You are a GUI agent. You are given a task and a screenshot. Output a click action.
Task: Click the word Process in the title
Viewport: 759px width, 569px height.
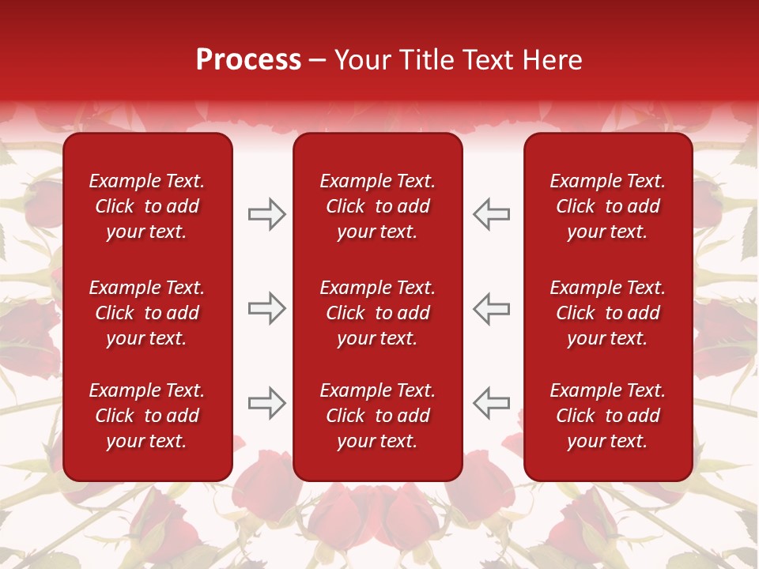[248, 60]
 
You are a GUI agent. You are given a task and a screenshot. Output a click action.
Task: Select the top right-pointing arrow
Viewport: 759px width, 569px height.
[266, 214]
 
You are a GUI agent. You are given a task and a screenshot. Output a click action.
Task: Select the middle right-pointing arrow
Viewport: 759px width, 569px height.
[266, 308]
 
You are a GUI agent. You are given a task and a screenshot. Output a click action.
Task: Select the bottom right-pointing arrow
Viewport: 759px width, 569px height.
[266, 402]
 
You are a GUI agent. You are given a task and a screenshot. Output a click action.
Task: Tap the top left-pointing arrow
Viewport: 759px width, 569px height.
[492, 214]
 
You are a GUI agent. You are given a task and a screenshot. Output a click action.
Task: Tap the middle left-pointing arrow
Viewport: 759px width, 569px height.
[492, 308]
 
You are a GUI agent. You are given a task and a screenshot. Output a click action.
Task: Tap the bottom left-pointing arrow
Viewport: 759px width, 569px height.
[492, 402]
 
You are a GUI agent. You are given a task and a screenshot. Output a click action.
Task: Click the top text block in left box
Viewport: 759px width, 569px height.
[147, 206]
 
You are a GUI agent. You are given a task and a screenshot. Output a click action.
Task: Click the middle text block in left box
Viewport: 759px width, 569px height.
[147, 313]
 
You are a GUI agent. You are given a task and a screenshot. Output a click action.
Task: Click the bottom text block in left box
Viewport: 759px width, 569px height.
[147, 416]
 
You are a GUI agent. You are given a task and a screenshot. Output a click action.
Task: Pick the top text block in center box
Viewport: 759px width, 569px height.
[378, 206]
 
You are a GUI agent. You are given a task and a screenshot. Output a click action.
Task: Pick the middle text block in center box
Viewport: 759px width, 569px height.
[378, 313]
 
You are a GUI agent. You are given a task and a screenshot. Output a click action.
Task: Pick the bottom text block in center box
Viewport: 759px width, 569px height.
[378, 416]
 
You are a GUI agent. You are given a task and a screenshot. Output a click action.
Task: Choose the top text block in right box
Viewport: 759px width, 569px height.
[608, 206]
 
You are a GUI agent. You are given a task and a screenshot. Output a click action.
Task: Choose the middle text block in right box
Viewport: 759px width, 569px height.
[608, 313]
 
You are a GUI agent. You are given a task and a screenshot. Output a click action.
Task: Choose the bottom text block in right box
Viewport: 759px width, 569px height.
[608, 416]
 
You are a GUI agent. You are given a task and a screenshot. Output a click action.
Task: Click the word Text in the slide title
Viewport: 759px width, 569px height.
[490, 60]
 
